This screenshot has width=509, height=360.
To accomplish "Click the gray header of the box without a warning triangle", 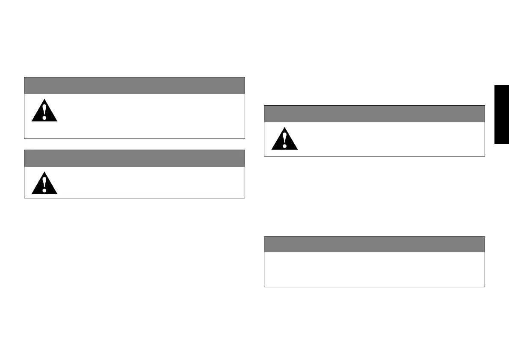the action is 374,244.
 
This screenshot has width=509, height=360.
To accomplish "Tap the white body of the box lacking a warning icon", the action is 374,269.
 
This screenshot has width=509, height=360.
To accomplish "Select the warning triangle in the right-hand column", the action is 284,139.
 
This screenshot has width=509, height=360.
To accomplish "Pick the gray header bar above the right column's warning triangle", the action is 374,114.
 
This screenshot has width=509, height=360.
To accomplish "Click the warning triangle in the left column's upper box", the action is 44,111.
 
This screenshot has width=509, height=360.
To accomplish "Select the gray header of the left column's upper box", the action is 134,86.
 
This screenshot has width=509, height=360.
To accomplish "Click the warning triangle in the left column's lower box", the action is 44,183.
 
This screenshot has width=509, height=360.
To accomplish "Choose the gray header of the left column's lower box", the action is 134,158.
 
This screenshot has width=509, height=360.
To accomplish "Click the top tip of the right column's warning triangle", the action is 284,127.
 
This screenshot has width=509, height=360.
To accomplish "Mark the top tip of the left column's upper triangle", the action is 44,99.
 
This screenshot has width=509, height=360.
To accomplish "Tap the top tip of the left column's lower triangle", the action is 44,172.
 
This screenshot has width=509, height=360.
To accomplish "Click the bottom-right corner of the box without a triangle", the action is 484,286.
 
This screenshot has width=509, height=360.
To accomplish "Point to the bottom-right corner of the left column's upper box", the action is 244,139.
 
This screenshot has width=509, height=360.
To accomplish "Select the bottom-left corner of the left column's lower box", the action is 24,198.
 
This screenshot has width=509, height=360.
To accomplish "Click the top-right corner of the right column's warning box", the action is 484,106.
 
